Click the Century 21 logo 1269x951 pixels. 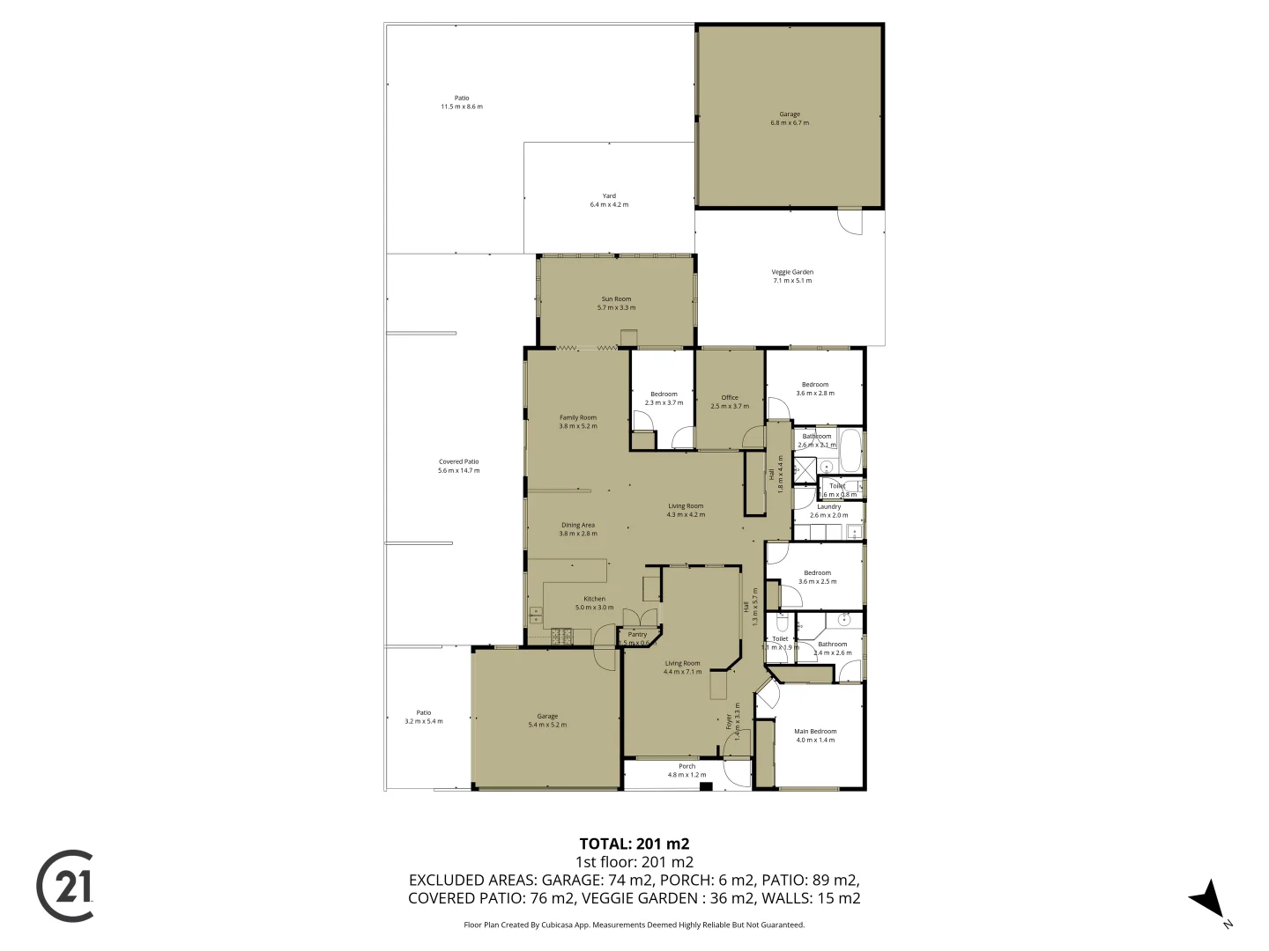coord(64,886)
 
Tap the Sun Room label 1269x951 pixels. coord(616,299)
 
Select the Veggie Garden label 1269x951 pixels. coord(792,272)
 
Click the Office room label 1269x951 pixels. coord(730,397)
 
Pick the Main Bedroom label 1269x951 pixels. coord(815,731)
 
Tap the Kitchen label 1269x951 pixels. coord(594,599)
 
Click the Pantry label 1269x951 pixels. coord(637,634)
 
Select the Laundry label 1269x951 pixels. coord(828,506)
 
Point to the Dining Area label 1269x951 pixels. coord(577,525)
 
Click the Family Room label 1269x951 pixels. coord(577,417)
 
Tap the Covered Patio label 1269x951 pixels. coord(458,461)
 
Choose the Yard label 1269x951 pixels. coord(609,195)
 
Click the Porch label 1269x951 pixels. coord(686,766)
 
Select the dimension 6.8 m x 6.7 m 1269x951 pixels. coord(789,123)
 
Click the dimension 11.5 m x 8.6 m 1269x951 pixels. coord(462,107)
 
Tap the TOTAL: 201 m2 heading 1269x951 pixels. coord(634,844)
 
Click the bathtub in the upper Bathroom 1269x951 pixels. coord(850,451)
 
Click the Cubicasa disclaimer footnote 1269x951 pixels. coord(634,925)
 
